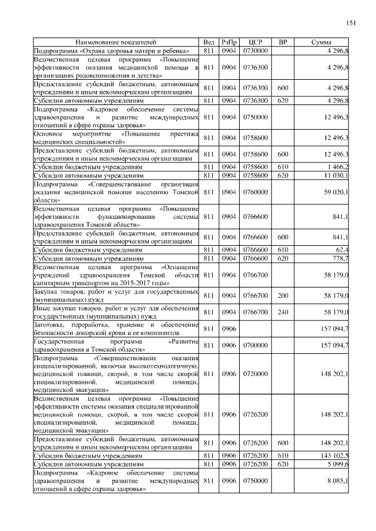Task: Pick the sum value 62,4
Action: pos(341,249)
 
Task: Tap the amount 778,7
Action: pos(340,257)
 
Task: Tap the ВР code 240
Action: pos(283,312)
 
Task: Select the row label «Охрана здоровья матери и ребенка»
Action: pos(135,51)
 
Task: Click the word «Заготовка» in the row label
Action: pos(49,324)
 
